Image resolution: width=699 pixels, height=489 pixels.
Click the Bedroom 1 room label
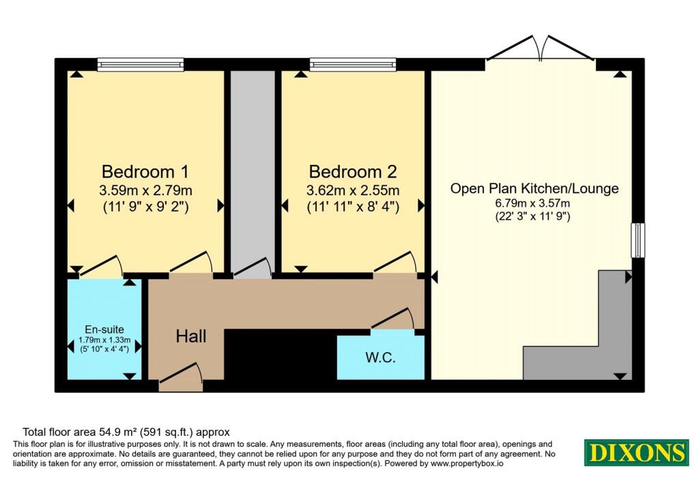tap(145, 171)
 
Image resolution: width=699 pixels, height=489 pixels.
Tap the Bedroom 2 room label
tap(353, 171)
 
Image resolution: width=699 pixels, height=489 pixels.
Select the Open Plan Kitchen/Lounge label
tap(534, 188)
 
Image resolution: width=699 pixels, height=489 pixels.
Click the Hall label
tap(191, 336)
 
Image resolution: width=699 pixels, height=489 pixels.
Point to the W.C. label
tap(380, 357)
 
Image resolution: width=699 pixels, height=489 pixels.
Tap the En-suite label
tap(104, 329)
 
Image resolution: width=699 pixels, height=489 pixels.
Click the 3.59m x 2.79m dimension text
tap(145, 190)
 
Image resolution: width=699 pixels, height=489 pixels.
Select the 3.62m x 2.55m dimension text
tap(353, 190)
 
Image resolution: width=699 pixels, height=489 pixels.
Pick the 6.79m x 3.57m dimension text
tap(532, 203)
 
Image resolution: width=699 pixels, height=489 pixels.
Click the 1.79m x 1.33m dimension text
tap(104, 340)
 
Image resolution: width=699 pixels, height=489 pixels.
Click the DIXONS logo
tap(637, 452)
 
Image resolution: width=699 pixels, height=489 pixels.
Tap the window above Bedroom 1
tap(141, 65)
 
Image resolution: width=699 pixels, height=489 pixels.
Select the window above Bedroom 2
tap(353, 65)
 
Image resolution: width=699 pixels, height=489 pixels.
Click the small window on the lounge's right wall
tap(638, 240)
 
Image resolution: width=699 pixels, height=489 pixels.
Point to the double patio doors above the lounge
tap(541, 48)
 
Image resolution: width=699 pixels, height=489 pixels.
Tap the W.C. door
tap(393, 320)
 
